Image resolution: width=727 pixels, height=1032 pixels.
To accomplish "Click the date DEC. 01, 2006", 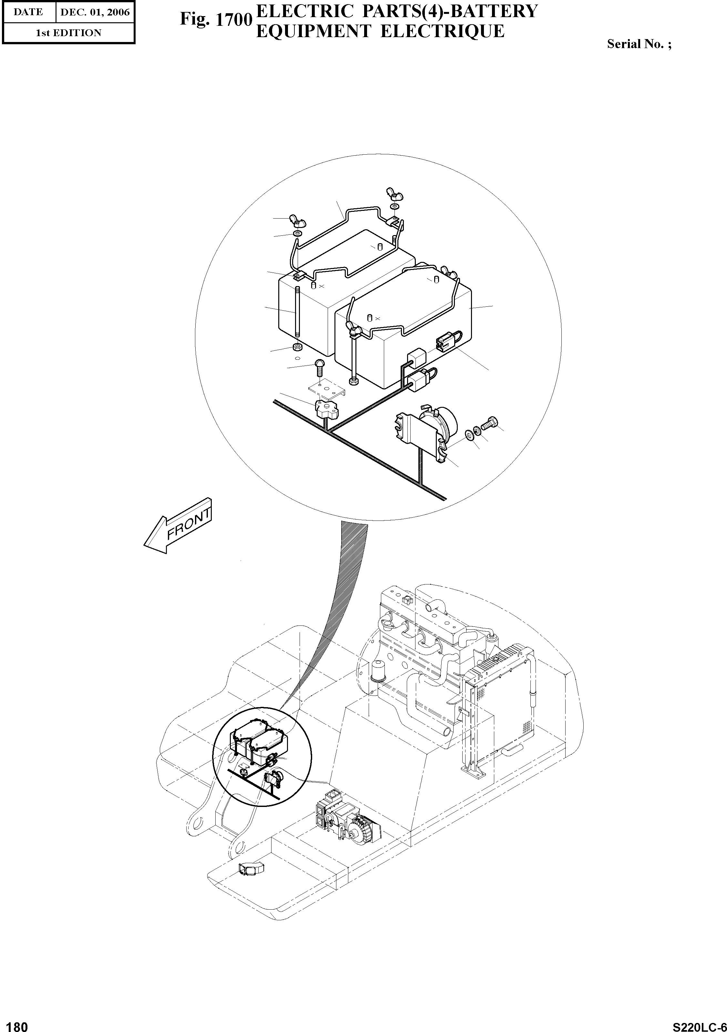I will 95,12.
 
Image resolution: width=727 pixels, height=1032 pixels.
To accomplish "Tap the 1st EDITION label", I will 69,33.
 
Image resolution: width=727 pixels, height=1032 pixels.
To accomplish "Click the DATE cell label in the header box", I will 28,12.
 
